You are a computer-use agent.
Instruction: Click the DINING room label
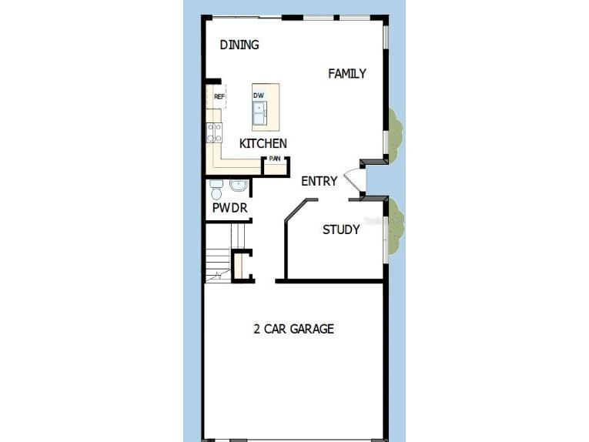click(239, 45)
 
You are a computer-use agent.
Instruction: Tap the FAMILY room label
click(347, 74)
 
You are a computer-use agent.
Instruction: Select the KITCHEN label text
click(263, 143)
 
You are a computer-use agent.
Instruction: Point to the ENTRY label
click(320, 182)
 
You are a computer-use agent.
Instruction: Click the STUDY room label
click(341, 229)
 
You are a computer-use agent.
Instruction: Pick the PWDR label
click(229, 208)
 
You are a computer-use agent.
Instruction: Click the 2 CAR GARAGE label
click(294, 329)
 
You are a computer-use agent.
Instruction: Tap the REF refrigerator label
click(219, 97)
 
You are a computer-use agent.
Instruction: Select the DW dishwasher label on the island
click(259, 95)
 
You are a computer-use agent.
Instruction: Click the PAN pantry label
click(275, 159)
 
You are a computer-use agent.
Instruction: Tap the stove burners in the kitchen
click(214, 132)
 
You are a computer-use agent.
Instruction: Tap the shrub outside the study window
click(394, 227)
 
